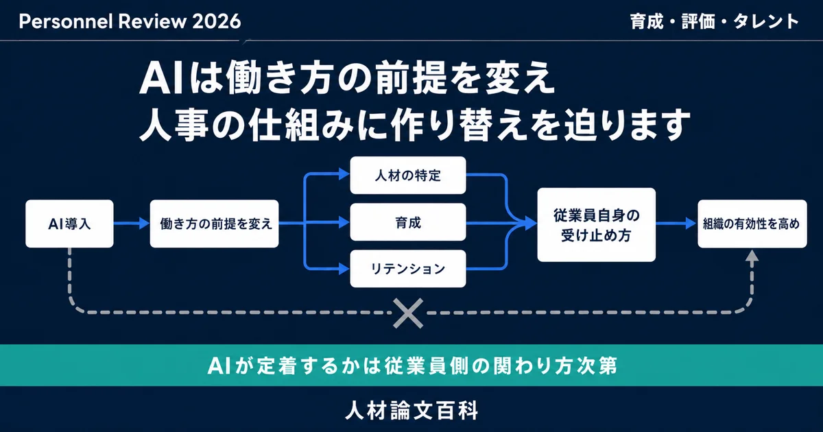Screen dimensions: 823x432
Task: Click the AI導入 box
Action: (x=69, y=224)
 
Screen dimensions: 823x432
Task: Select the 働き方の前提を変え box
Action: (x=214, y=224)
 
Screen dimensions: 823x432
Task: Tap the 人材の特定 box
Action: (x=408, y=176)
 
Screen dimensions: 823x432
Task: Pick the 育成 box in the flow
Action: (x=408, y=222)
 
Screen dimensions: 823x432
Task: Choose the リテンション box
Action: (x=408, y=269)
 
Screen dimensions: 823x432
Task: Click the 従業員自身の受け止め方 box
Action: (x=596, y=225)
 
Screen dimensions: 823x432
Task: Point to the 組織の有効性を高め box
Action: (x=752, y=224)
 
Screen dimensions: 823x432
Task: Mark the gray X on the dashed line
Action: (x=408, y=313)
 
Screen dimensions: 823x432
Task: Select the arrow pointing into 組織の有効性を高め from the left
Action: (x=676, y=223)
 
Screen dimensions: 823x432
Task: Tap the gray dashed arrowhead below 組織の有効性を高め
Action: (x=752, y=255)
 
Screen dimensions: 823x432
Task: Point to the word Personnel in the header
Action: (x=66, y=21)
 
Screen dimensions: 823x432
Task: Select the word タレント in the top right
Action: (x=766, y=21)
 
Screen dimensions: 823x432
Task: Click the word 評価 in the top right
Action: (x=698, y=21)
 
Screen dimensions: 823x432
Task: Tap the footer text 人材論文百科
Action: (x=412, y=410)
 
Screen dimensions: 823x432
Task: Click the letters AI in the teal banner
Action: (x=219, y=366)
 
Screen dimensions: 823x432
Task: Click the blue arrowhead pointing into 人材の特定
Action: (x=344, y=173)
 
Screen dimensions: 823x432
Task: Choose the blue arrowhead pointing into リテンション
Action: (x=344, y=269)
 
